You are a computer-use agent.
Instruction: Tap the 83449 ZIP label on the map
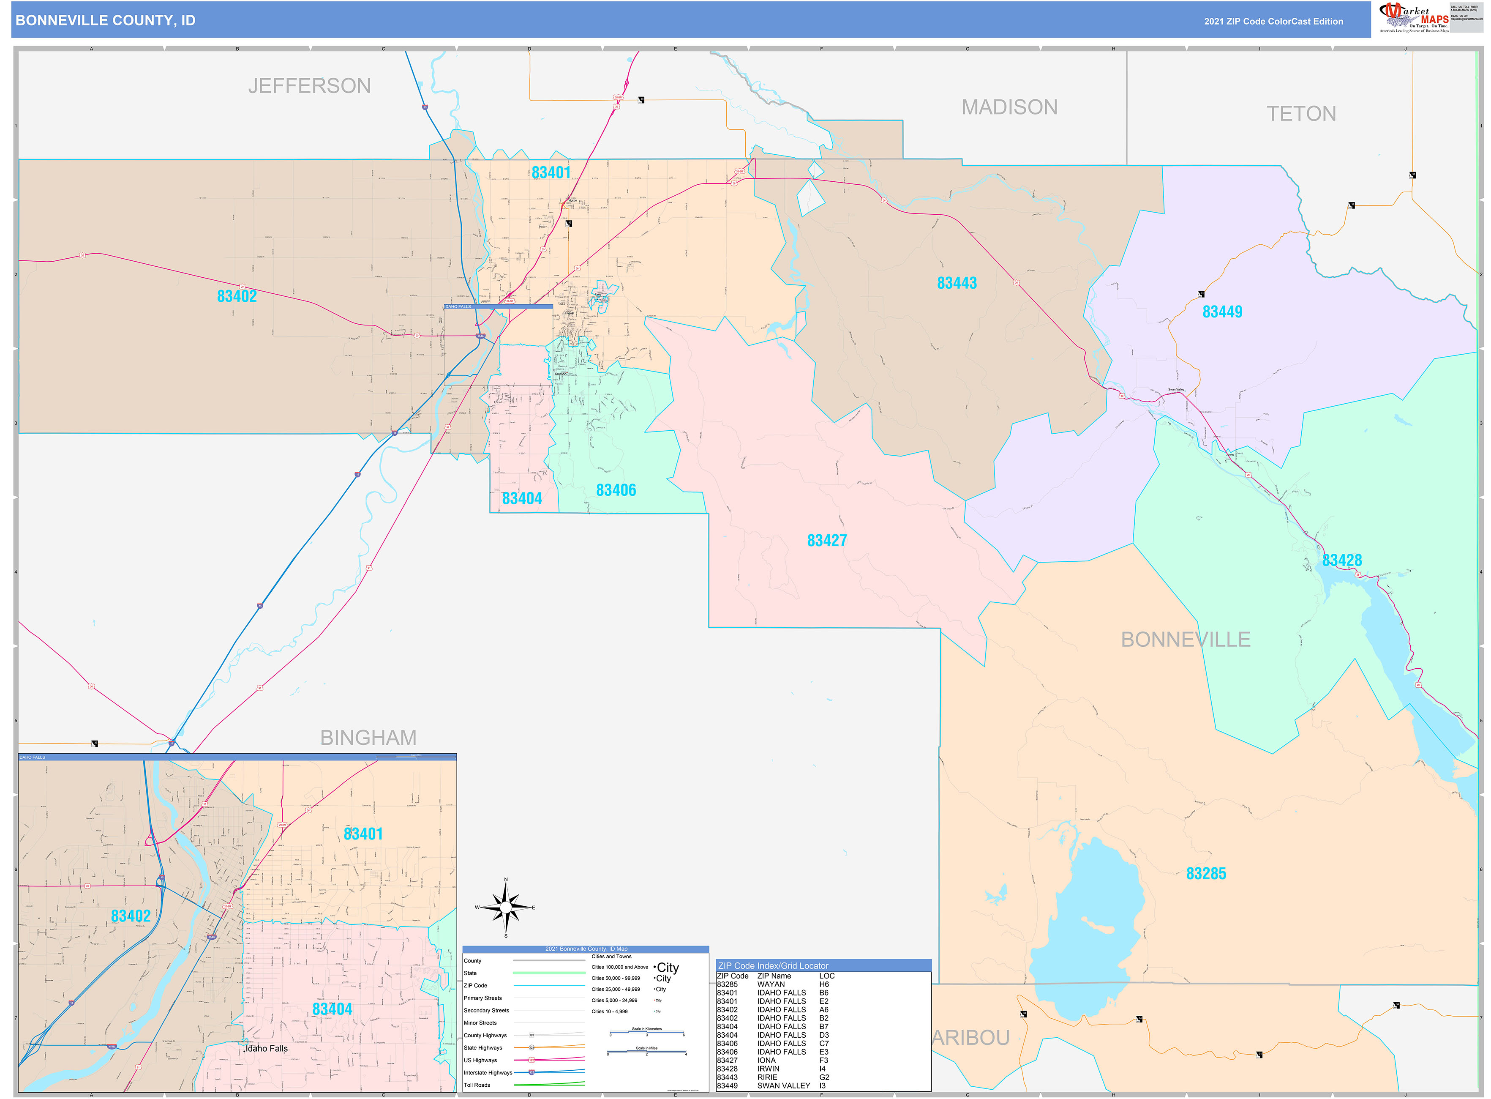(1222, 312)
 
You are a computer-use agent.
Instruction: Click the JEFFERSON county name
(309, 86)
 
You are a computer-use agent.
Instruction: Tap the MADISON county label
(1009, 107)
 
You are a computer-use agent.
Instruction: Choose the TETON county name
(1301, 114)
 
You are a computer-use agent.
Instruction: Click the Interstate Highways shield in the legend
(532, 1072)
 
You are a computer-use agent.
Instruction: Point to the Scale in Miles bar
(646, 1052)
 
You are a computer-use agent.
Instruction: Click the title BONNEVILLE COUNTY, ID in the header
(105, 21)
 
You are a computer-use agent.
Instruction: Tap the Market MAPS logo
(1413, 17)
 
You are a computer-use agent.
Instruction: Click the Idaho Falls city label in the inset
(267, 1048)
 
